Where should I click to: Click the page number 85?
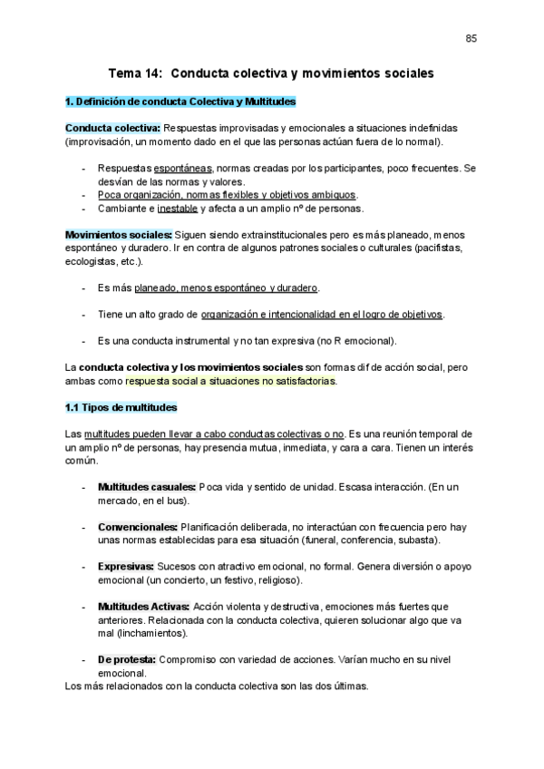click(x=471, y=38)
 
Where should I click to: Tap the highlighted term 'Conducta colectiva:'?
click(x=112, y=129)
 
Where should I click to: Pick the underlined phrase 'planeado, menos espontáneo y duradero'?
click(x=227, y=287)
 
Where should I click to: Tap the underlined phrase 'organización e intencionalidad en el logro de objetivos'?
click(x=322, y=314)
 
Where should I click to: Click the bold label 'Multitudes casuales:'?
click(x=146, y=487)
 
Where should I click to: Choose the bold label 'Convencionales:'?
click(x=138, y=527)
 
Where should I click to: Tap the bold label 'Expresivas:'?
click(x=126, y=566)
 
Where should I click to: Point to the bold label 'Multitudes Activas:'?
click(x=143, y=606)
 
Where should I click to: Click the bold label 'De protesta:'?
click(x=127, y=659)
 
